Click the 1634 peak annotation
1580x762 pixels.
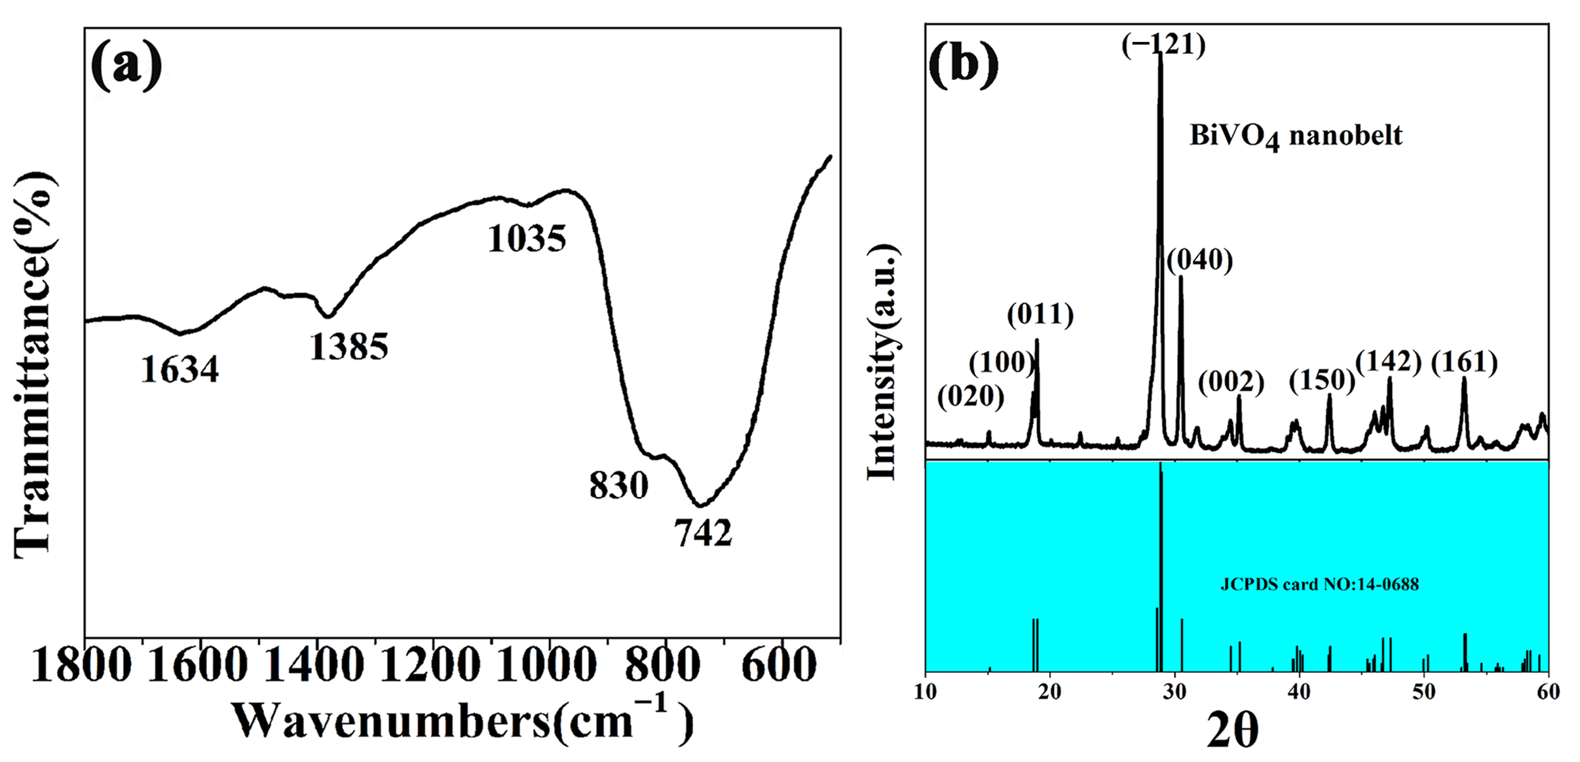click(179, 370)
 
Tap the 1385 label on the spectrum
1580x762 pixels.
click(348, 347)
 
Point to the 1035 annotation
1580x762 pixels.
click(527, 238)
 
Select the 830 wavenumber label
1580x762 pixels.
click(618, 486)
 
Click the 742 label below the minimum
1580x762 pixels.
click(703, 533)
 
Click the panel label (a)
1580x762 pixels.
click(126, 66)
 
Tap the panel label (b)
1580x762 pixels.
click(964, 66)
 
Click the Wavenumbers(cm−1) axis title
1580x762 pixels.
click(462, 721)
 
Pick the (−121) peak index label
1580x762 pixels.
click(1163, 45)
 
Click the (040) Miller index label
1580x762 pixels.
click(1199, 260)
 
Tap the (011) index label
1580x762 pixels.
click(1040, 315)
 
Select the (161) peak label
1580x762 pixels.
click(1464, 362)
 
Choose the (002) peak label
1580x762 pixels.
click(1231, 382)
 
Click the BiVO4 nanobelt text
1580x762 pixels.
click(1295, 136)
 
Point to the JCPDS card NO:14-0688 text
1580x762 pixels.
click(1319, 584)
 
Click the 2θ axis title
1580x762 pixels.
click(1232, 731)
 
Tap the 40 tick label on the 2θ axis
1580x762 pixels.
click(1299, 692)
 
